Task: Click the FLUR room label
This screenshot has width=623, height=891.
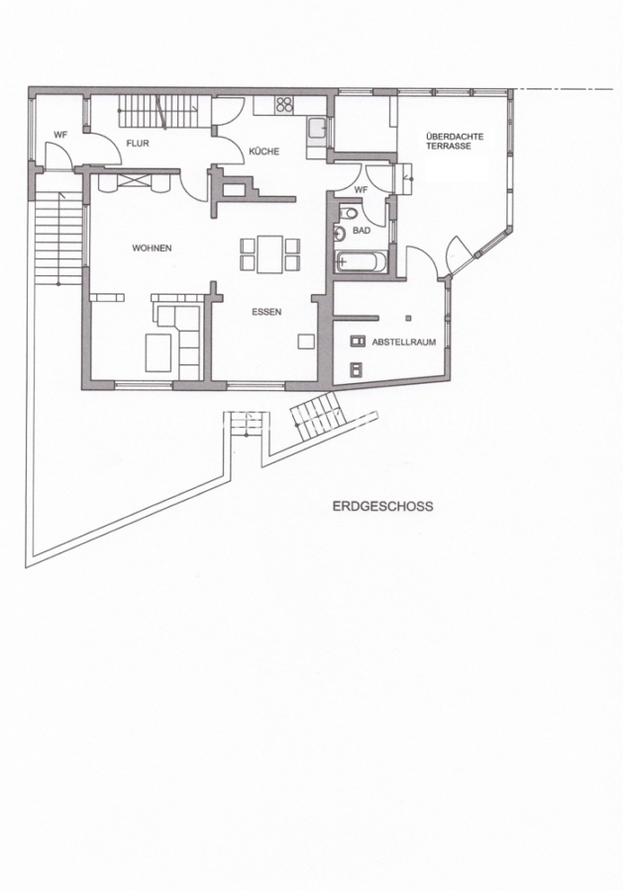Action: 138,144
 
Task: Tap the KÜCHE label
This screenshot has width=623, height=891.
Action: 264,151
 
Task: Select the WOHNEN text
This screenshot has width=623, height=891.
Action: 152,248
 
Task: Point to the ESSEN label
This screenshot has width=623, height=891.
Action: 266,312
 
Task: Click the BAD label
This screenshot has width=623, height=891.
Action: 362,231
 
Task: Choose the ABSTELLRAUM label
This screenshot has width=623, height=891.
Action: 403,343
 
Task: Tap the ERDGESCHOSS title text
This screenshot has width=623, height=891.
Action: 382,506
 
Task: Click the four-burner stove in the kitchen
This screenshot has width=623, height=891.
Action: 284,105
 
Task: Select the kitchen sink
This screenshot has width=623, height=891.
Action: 317,129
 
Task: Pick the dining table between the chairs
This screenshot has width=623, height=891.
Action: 270,254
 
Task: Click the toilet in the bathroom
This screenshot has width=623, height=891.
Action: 348,213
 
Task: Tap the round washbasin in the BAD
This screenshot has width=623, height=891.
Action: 341,233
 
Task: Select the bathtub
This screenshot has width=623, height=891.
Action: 362,262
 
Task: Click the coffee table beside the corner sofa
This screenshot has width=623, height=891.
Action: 158,352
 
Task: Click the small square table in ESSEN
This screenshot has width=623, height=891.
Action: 306,341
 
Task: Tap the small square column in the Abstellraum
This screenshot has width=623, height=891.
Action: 409,317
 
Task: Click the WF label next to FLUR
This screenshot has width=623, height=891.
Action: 60,136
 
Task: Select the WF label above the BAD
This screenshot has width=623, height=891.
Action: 361,190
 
